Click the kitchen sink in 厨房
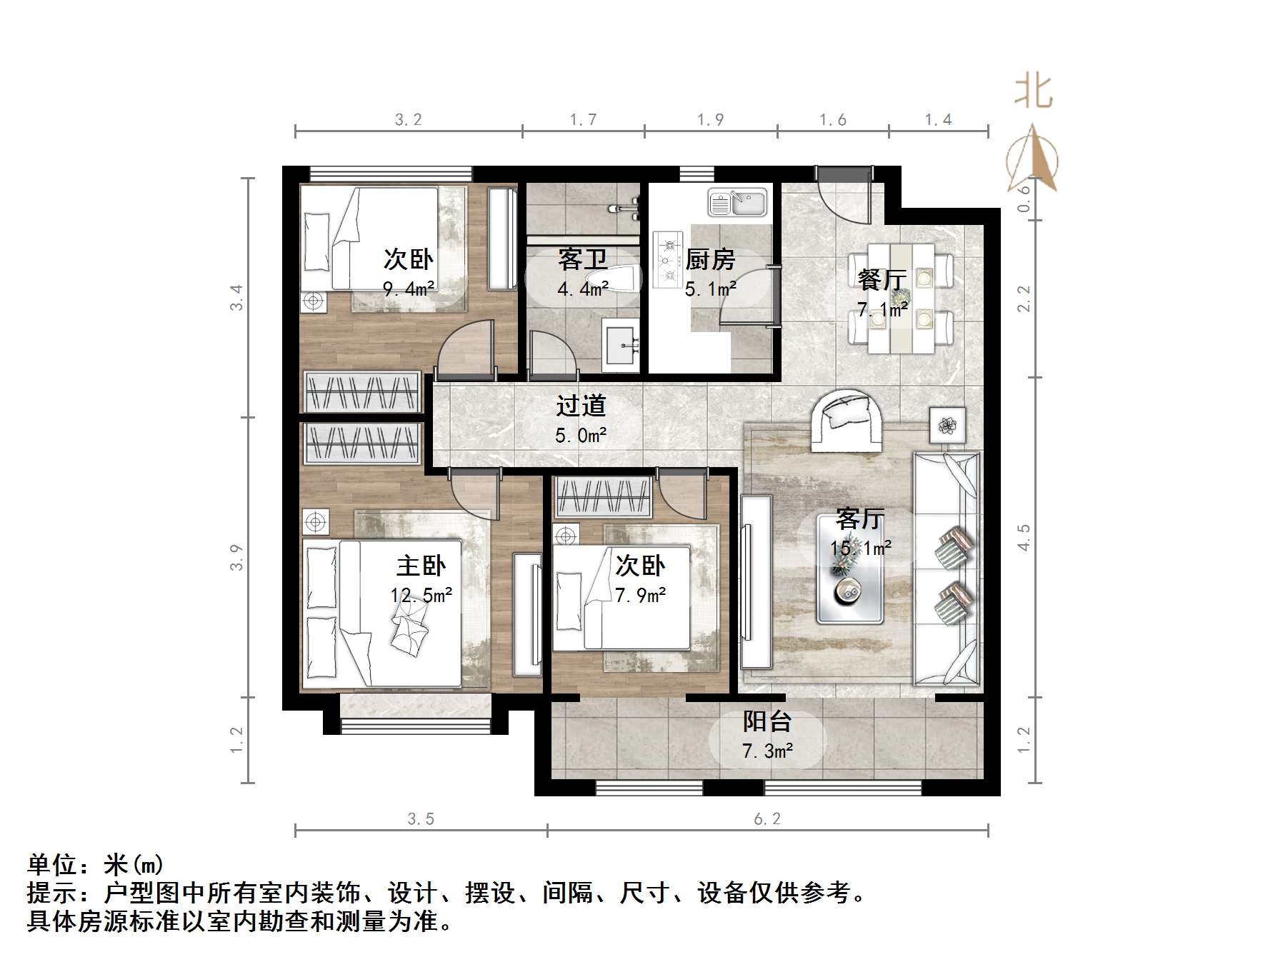pos(737,202)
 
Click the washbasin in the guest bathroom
pos(620,345)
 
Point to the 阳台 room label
pos(767,721)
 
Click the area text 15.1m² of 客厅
pos(860,548)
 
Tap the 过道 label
pos(581,406)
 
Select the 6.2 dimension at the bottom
pos(767,818)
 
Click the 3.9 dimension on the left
pos(236,557)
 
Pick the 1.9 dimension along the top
pos(710,119)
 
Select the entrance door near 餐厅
pos(843,193)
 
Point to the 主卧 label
pos(421,566)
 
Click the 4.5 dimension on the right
pos(1024,537)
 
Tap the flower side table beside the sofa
pos(947,426)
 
